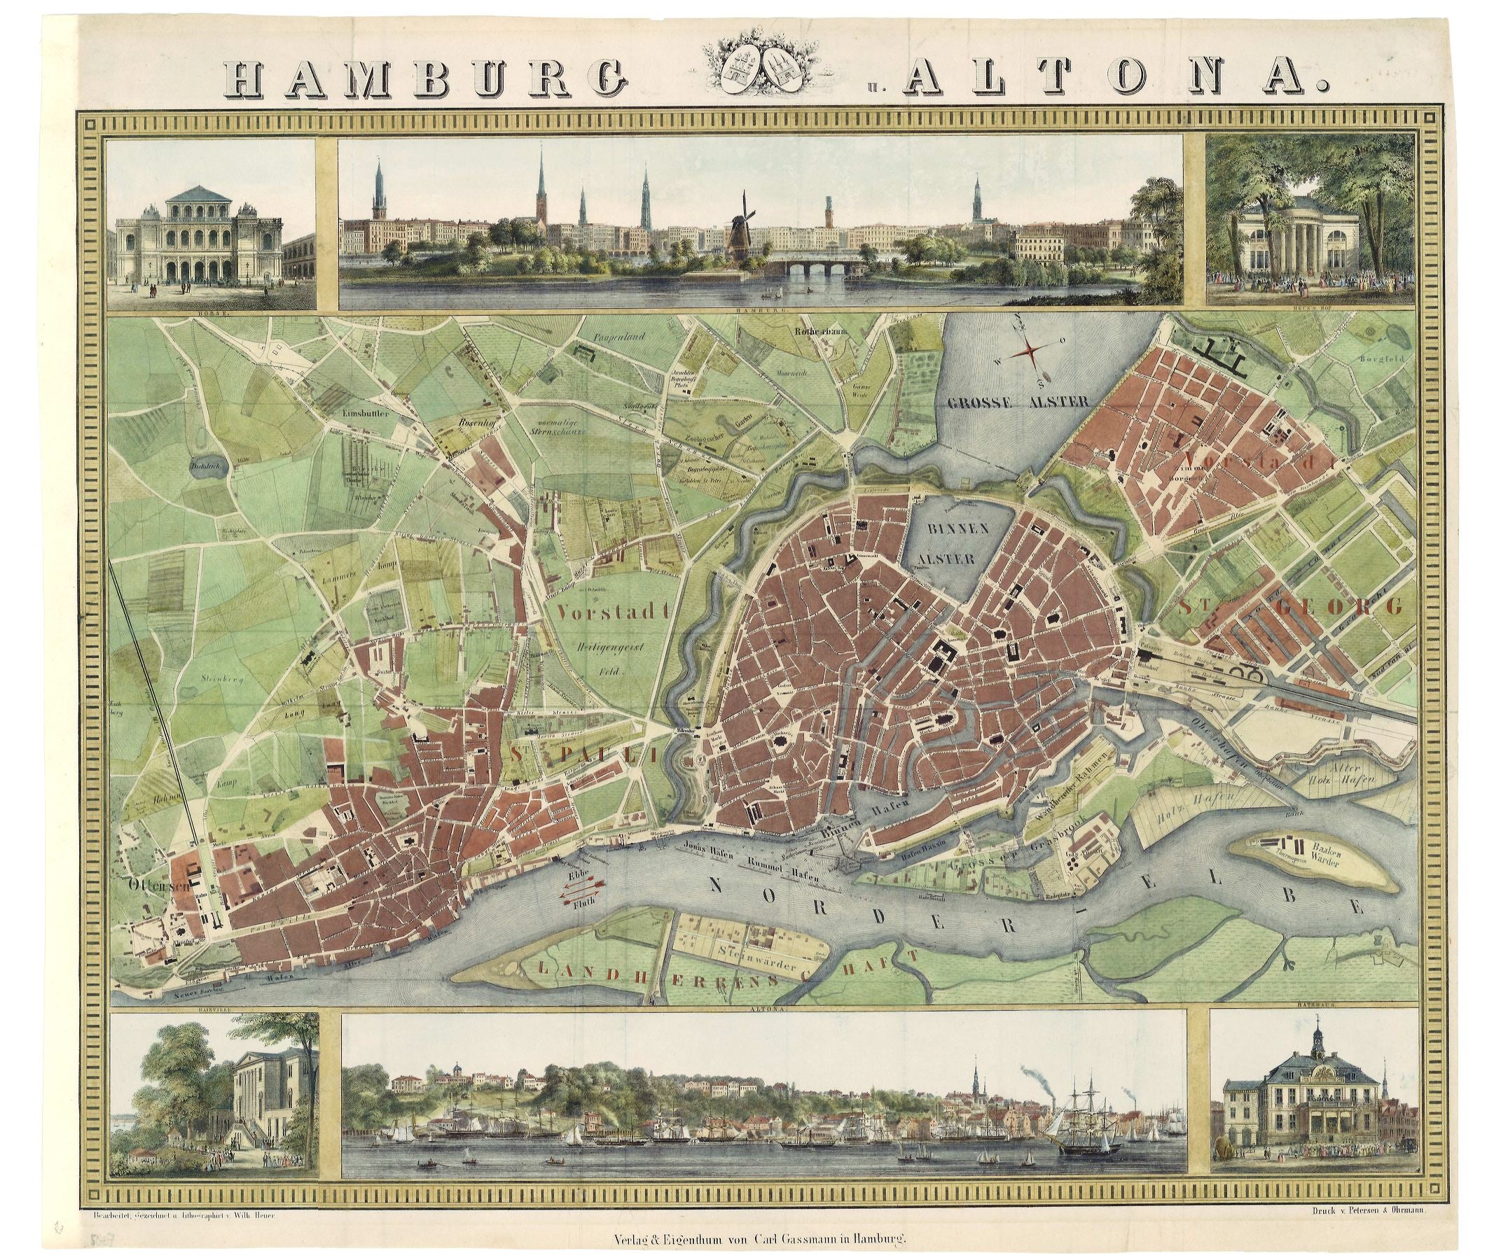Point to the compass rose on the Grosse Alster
point(1031,350)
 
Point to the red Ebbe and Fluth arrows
point(583,886)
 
